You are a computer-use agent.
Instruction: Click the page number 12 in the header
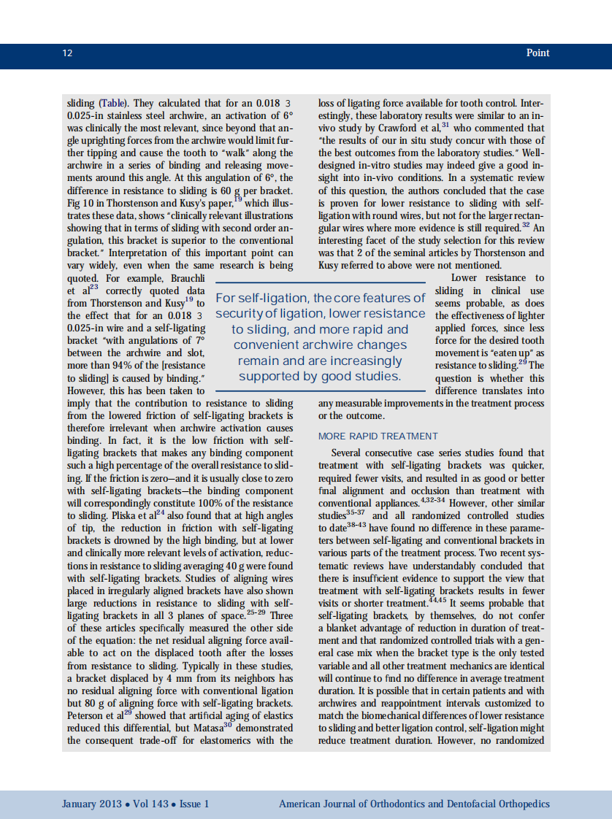click(x=67, y=53)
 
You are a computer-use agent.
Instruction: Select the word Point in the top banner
click(x=538, y=53)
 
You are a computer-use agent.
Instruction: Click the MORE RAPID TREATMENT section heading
click(x=378, y=436)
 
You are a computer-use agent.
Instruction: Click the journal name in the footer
click(x=414, y=804)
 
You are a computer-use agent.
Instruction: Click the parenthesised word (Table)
click(x=113, y=103)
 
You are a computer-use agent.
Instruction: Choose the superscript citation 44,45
click(x=436, y=599)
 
